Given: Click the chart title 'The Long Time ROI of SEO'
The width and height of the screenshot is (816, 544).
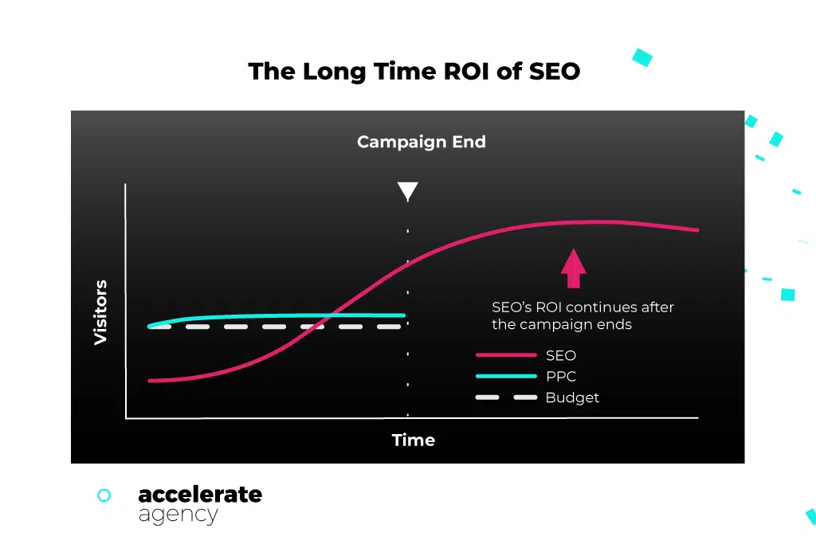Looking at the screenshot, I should [x=414, y=72].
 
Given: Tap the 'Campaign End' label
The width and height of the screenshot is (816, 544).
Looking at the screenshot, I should [x=421, y=142].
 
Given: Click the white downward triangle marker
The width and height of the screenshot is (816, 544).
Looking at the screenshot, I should [x=407, y=191].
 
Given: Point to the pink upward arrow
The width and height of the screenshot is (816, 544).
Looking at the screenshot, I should [x=573, y=268].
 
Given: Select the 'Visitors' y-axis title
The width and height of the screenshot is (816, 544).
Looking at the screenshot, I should [x=100, y=312].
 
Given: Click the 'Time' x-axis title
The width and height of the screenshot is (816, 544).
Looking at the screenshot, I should [x=413, y=440].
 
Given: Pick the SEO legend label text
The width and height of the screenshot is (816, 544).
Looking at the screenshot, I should [x=560, y=355].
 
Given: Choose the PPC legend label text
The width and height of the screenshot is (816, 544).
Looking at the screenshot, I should [x=560, y=376].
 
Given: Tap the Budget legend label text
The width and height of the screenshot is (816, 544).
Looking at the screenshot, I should [x=572, y=397].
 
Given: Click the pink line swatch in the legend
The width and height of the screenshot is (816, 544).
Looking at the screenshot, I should [x=506, y=355].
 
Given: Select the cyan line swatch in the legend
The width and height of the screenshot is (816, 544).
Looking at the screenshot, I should [x=506, y=376].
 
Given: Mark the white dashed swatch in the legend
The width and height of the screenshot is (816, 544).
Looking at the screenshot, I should [x=506, y=397].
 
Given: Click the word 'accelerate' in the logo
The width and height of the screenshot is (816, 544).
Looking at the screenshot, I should [x=200, y=494].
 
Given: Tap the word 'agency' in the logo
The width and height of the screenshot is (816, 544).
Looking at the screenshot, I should [x=178, y=515].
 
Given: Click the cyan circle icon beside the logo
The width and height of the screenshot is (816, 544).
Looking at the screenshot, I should [x=104, y=495].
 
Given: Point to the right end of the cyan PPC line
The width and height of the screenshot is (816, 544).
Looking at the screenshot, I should [x=403, y=315].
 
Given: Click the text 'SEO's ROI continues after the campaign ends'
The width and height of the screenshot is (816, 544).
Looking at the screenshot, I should [x=583, y=315].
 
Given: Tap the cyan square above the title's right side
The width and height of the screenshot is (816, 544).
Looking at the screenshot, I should [x=641, y=57].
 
